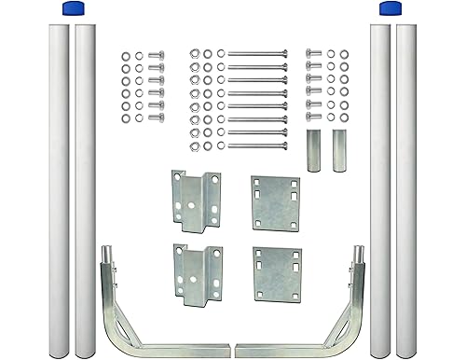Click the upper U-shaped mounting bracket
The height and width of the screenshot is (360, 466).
196,201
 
